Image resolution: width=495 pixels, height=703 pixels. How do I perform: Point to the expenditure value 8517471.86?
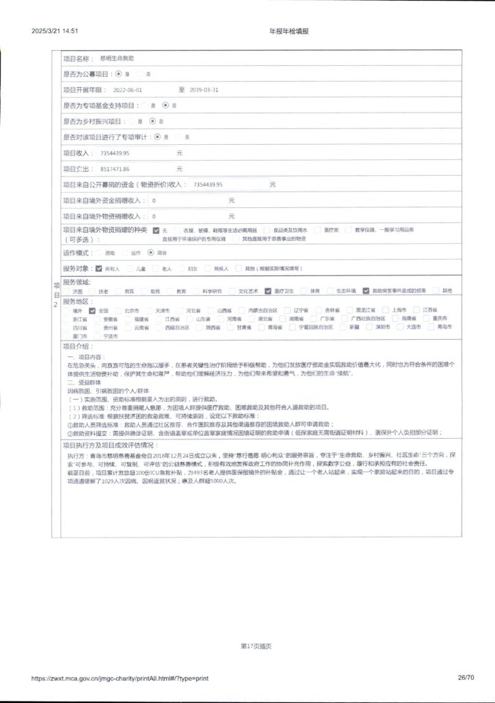[x=115, y=168]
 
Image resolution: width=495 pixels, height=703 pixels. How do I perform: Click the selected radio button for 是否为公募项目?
[x=119, y=73]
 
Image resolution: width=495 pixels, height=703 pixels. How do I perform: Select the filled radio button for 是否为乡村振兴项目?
[x=152, y=121]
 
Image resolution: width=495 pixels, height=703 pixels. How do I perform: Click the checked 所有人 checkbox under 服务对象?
[x=99, y=268]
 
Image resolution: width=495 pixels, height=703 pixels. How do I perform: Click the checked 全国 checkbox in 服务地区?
[x=92, y=310]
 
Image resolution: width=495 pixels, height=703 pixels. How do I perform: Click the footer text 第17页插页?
[x=255, y=646]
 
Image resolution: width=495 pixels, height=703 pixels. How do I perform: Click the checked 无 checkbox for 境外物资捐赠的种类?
[x=156, y=229]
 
